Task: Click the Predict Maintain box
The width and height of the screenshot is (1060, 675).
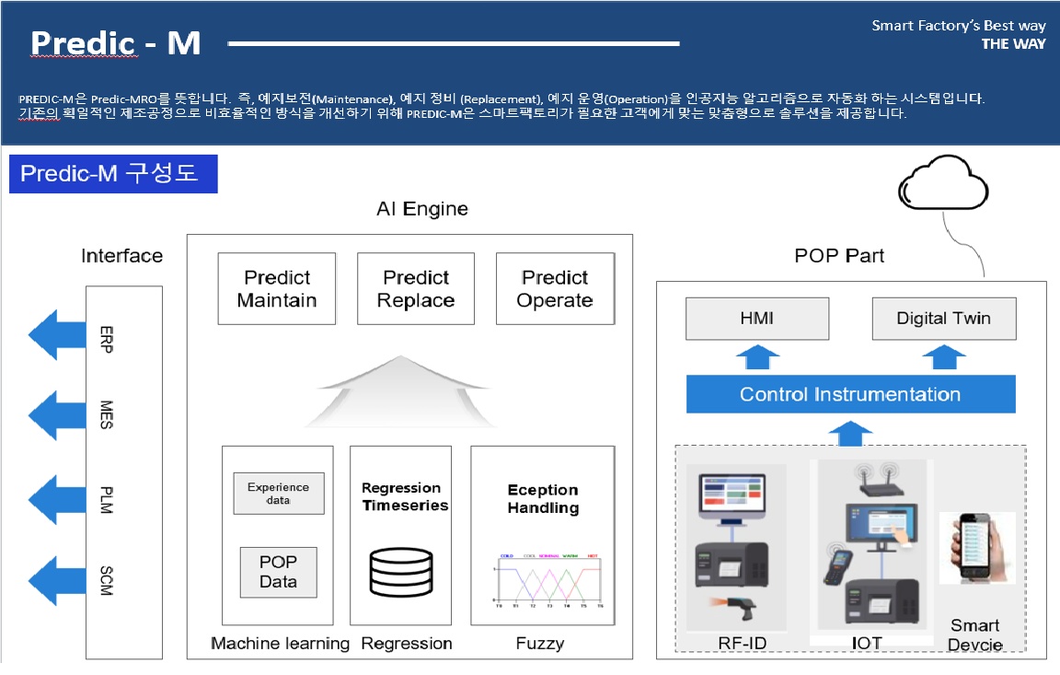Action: click(277, 289)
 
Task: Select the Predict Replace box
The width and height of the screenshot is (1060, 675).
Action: click(416, 289)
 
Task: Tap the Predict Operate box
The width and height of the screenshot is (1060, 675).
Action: click(555, 289)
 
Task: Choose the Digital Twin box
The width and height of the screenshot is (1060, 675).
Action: click(943, 318)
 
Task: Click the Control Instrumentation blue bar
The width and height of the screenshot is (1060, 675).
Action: click(850, 394)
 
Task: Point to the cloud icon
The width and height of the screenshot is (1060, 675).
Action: click(944, 184)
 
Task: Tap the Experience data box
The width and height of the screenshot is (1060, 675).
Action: click(278, 494)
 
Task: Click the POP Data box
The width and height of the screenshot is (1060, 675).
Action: click(278, 572)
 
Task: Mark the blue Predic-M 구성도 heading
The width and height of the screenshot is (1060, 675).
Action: click(113, 174)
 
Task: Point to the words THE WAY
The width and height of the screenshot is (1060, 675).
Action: click(1013, 43)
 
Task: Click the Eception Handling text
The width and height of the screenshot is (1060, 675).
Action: click(543, 498)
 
